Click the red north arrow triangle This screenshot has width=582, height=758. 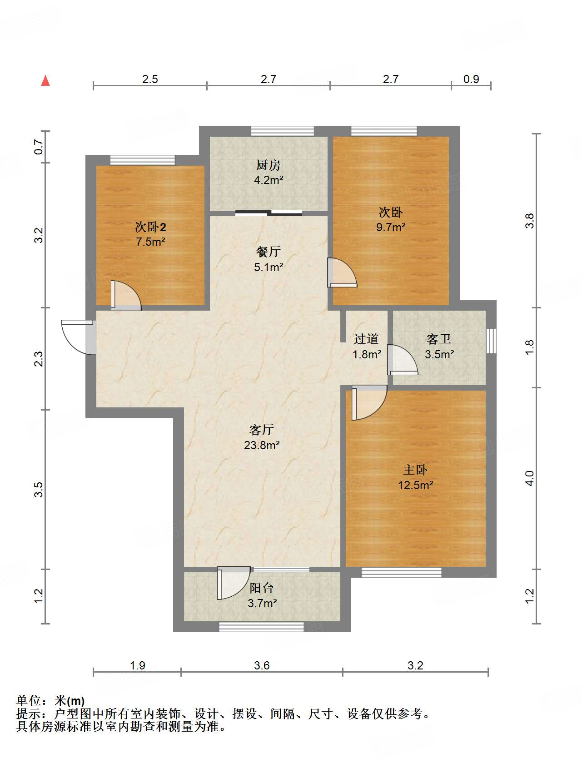(45, 80)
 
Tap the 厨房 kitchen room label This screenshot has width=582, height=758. (268, 165)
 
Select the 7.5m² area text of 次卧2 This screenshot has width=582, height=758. (150, 242)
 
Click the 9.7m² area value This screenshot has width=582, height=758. (391, 227)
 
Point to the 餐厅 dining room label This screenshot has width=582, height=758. (268, 252)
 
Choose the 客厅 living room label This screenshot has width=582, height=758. (262, 430)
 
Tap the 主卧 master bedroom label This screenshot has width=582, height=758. (415, 470)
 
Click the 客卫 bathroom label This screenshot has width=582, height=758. (439, 339)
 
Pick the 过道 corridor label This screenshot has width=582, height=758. (366, 339)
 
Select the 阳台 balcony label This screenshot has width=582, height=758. (262, 588)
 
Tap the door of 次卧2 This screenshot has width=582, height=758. (126, 296)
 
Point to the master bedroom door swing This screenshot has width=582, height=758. (368, 402)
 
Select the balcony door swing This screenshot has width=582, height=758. (234, 583)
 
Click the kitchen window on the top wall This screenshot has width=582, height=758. (283, 131)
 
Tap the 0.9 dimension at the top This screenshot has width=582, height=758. (471, 79)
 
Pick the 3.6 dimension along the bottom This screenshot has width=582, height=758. (262, 665)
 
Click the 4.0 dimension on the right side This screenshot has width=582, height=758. (530, 478)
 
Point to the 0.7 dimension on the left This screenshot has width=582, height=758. (39, 147)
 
